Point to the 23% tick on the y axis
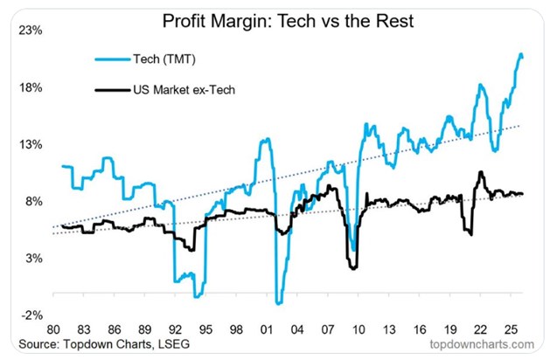tap(31, 31)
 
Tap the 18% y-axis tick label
tap(31, 88)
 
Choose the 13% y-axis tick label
tap(31, 145)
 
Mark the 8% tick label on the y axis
tap(33, 202)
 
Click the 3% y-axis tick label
tap(33, 259)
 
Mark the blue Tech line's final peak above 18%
tap(521, 55)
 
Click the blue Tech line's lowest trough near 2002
tap(279, 303)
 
